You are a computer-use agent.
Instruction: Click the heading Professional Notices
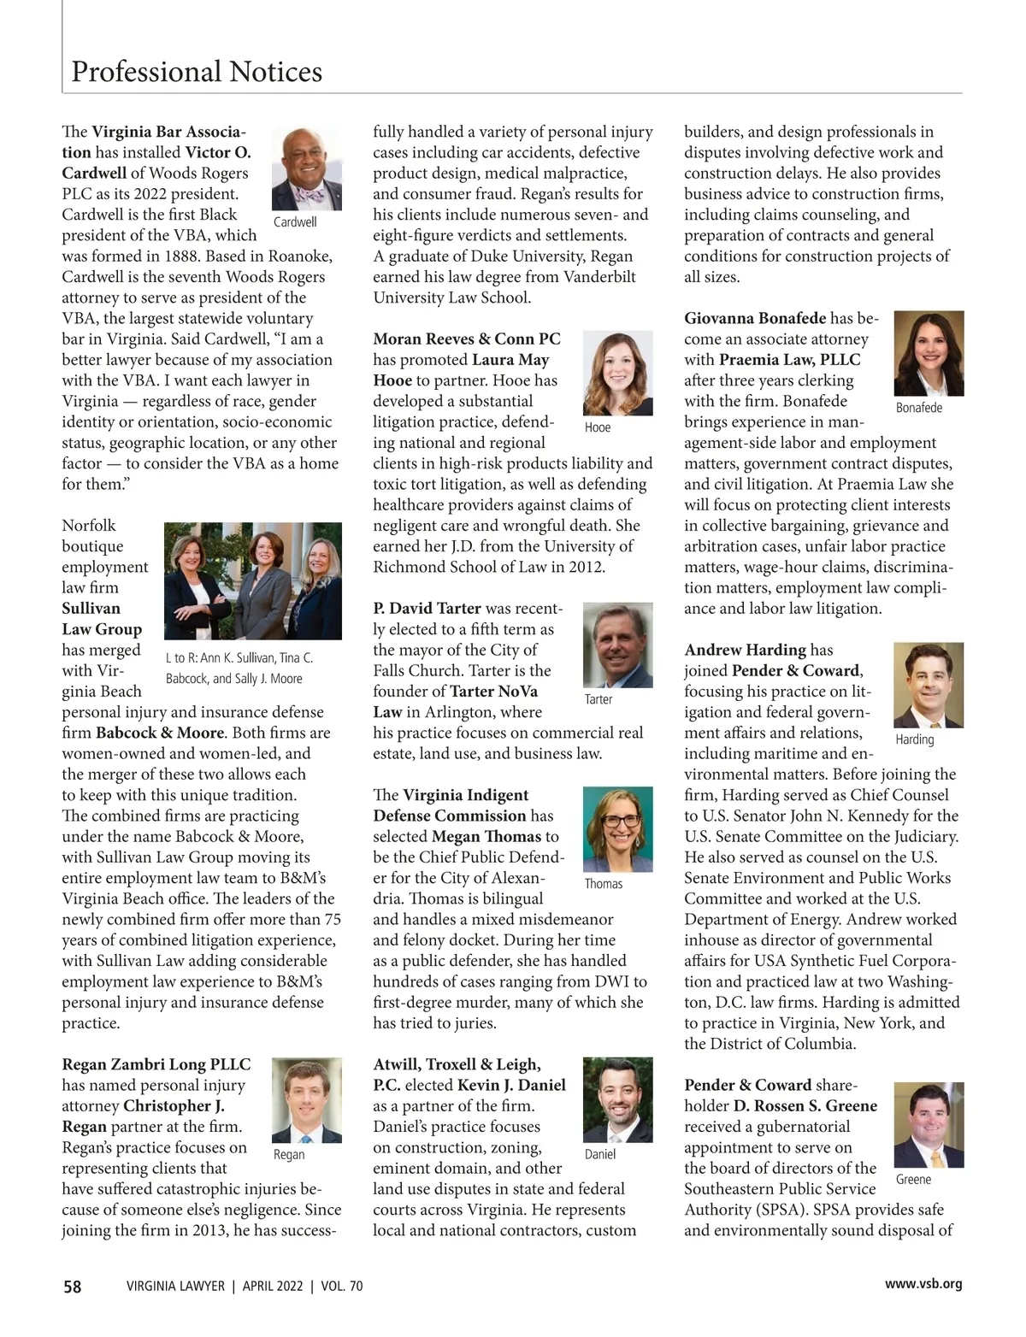197,71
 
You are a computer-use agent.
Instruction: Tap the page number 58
73,1286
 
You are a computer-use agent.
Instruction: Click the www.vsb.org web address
923,1283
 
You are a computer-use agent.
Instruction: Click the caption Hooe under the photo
598,427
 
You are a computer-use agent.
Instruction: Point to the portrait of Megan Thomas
617,828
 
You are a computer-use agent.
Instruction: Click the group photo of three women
253,581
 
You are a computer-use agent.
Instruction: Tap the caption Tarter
598,699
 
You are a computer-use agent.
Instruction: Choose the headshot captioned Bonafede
929,353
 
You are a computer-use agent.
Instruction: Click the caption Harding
914,739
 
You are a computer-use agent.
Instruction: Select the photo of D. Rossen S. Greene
929,1125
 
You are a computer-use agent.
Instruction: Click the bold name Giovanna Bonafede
755,319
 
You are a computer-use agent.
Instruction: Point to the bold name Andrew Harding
745,651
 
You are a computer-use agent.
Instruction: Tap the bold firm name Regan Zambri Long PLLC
156,1064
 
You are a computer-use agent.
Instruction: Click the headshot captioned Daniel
617,1099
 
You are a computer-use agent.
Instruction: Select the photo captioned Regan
306,1100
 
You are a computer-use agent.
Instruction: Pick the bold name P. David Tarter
427,609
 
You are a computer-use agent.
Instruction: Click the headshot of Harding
929,685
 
